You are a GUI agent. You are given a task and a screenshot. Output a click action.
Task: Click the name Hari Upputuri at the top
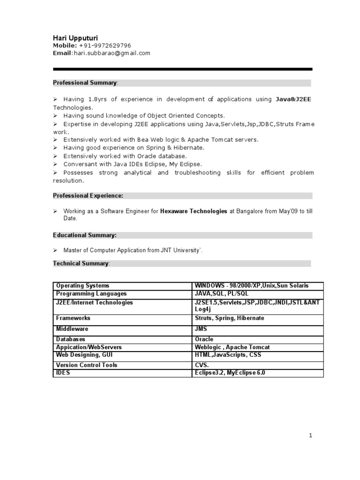[75, 37]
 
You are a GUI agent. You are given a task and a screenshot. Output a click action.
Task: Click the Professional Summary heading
[85, 83]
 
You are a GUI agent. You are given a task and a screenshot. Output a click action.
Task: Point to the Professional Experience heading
[88, 195]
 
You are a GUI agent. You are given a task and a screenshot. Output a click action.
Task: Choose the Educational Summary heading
[85, 235]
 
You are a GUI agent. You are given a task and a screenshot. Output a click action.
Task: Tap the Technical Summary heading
[81, 263]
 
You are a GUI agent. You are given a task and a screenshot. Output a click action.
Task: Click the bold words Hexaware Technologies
[194, 211]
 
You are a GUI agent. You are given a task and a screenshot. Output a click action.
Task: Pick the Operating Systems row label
[82, 285]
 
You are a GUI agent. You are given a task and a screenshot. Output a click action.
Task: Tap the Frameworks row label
[73, 318]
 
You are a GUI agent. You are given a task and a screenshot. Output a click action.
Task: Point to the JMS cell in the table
[201, 330]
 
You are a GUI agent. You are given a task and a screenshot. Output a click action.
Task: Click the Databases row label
[71, 339]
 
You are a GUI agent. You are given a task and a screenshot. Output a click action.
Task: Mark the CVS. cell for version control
[202, 365]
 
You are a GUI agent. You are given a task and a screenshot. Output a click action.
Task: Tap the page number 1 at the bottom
[310, 435]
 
